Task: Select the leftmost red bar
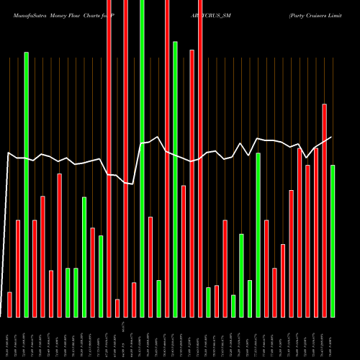click(9, 304)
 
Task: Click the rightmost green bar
click(333, 241)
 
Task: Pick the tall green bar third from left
click(26, 184)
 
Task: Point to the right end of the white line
click(332, 137)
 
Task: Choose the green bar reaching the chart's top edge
click(142, 158)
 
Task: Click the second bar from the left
click(18, 268)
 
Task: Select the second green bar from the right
click(258, 235)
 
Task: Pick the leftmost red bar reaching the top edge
click(109, 158)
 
